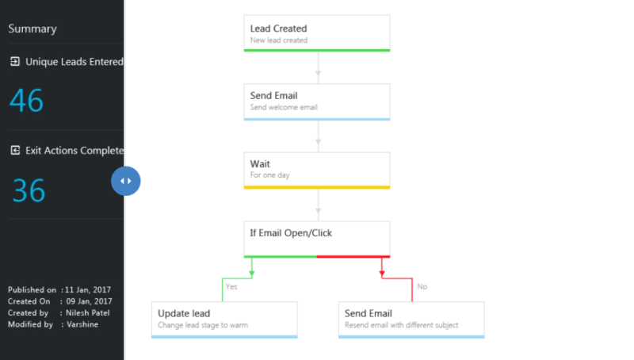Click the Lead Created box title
tap(278, 29)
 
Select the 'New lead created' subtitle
tap(279, 40)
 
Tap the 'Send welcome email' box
tap(316, 101)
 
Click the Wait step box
tap(316, 170)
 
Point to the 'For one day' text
tap(269, 175)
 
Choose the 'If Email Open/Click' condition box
tap(316, 238)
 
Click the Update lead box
tap(223, 319)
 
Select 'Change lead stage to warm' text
tap(204, 325)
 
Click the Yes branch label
tap(231, 286)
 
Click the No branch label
tap(422, 286)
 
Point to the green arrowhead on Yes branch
tap(251, 274)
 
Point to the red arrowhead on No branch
tap(382, 274)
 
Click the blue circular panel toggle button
tap(125, 181)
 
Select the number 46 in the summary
tap(26, 101)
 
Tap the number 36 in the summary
tap(29, 190)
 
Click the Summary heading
tap(32, 29)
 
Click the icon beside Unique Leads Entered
tap(14, 61)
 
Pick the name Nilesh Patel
tap(89, 312)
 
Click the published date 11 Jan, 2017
tap(89, 290)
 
